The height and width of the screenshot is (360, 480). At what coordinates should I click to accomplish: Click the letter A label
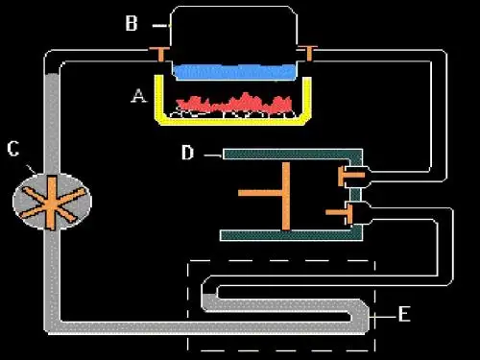click(x=139, y=96)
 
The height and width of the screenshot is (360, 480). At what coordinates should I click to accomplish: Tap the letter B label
click(x=132, y=23)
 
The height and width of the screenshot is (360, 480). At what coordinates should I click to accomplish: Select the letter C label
click(x=13, y=149)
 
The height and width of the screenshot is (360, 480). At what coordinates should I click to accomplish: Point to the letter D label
click(x=187, y=153)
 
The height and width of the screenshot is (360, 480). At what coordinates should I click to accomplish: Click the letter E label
click(x=404, y=314)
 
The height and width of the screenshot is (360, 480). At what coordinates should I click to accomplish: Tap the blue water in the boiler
click(x=234, y=72)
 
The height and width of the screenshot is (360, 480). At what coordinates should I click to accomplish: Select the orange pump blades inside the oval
click(x=52, y=203)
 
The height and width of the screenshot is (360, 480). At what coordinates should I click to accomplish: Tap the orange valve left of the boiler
click(x=160, y=54)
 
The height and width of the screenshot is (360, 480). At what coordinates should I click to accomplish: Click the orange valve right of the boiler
click(x=308, y=53)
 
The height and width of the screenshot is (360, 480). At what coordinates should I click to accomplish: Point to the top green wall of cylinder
click(x=293, y=154)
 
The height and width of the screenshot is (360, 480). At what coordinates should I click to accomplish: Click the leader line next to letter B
click(x=160, y=26)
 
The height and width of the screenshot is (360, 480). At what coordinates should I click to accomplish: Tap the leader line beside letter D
click(x=213, y=156)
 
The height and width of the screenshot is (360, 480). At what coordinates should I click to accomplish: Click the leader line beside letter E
click(x=383, y=317)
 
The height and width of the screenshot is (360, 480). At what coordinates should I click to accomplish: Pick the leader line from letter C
click(x=32, y=169)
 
